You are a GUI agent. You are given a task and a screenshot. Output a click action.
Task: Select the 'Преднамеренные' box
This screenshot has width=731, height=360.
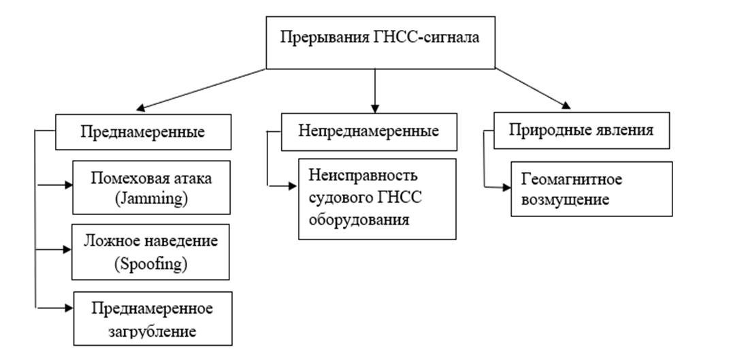point(144,131)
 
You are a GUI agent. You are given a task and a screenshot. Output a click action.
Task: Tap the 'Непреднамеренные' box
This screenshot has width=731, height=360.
point(368,129)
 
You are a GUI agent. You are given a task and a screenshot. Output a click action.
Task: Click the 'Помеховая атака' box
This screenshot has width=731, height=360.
point(151,189)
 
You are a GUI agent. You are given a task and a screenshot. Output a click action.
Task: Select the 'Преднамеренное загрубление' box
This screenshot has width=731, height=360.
point(152,318)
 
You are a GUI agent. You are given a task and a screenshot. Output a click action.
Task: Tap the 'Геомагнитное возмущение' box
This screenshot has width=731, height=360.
point(591,189)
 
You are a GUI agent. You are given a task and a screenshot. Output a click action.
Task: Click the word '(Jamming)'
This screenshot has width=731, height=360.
point(151,199)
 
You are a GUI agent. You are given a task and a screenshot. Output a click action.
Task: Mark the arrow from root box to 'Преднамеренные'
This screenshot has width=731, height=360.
point(201,89)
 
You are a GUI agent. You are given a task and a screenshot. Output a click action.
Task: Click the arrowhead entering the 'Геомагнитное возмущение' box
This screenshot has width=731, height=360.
point(506,186)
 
